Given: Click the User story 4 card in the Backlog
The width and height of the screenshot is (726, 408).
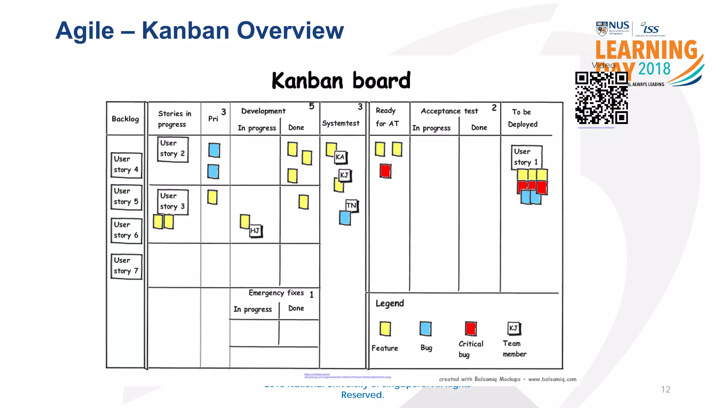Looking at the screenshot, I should (126, 165).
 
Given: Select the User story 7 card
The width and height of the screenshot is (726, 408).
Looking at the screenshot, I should (126, 266).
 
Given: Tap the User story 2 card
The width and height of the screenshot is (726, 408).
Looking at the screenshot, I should (173, 149).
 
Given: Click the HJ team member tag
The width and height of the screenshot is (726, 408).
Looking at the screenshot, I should (255, 231).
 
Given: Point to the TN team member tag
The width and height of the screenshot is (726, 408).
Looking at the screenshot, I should (351, 205).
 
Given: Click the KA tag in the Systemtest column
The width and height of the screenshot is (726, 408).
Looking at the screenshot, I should (340, 157).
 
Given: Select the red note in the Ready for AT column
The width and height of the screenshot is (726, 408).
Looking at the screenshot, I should (385, 171).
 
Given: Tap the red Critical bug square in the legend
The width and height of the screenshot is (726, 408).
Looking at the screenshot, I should (471, 328).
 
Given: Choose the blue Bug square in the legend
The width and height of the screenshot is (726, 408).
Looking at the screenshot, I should (425, 328).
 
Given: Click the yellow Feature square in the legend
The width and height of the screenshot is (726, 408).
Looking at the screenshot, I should (385, 328).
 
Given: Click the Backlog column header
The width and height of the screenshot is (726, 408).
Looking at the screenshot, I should (125, 119).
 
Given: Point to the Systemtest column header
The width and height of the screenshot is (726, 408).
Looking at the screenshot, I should (341, 123).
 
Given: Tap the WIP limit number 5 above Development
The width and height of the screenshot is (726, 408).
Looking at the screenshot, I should (312, 106).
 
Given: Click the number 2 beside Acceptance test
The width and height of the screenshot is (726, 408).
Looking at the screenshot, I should (494, 108).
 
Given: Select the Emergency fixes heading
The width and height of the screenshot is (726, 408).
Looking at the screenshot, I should (276, 293).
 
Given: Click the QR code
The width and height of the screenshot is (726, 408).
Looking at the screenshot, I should (601, 98).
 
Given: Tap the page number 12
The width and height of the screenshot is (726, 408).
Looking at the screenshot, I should (665, 389).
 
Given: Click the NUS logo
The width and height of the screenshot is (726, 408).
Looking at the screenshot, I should (613, 28).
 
